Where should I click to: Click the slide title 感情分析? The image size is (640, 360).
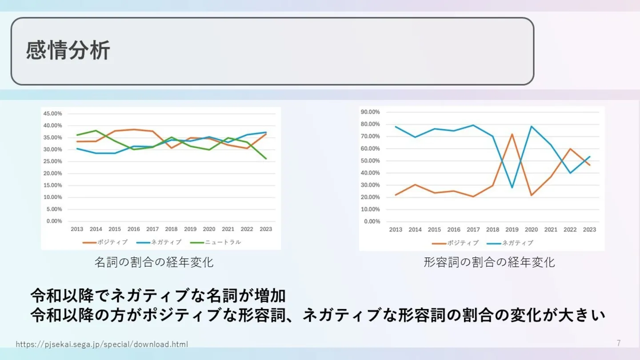pos(68,51)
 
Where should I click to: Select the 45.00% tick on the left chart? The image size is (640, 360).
pos(52,113)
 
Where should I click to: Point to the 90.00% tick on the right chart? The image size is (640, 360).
pos(370,112)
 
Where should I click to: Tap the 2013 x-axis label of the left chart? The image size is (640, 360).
pos(77,229)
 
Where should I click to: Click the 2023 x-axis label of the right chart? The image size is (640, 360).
pos(589,230)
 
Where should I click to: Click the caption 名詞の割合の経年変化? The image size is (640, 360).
pos(154,262)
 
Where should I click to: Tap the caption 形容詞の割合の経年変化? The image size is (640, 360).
pos(489,262)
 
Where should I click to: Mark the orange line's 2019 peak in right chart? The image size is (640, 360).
pos(512,134)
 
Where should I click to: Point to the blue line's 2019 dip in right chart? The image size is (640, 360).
pos(512,188)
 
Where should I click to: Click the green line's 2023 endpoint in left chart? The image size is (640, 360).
pos(266,159)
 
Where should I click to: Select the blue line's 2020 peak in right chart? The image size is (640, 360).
pos(531,126)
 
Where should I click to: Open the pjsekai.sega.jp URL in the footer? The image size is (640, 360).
pos(102,344)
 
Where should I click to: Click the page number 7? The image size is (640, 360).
pos(619,343)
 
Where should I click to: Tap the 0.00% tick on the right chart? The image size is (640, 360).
pos(372,221)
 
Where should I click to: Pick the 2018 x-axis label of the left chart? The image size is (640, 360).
pos(171,229)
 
